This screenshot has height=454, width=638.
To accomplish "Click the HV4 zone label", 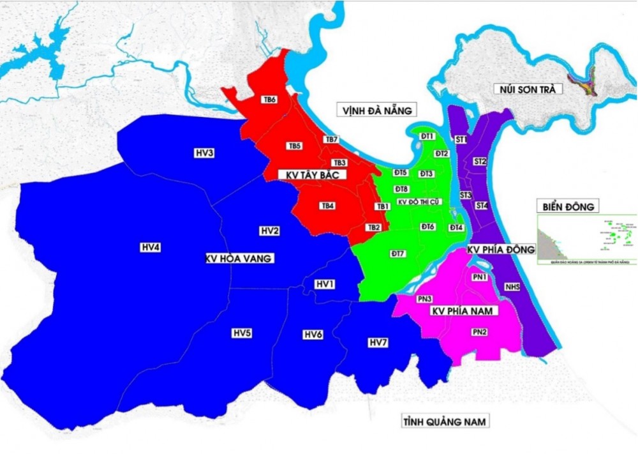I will [150, 247].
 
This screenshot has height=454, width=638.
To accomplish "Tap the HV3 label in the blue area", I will [204, 153].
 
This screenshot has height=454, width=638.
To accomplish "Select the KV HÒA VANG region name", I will [239, 259].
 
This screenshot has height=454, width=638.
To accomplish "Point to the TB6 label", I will [269, 100].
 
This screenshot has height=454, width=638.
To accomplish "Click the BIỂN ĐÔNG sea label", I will [568, 206].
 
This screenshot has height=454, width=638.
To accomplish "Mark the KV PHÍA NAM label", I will [464, 311].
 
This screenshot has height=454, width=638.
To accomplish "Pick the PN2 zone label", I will [480, 332].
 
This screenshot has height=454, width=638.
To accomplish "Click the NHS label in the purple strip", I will [512, 287].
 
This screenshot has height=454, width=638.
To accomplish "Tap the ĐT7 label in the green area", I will [398, 253].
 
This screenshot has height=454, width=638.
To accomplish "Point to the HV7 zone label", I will [378, 343].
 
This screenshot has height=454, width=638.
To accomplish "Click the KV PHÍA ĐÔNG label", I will [501, 250].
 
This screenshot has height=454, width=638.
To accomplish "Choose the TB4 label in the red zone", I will [327, 206].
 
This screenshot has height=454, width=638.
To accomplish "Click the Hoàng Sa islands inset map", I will [587, 239].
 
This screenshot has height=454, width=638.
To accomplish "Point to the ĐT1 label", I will [427, 136].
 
